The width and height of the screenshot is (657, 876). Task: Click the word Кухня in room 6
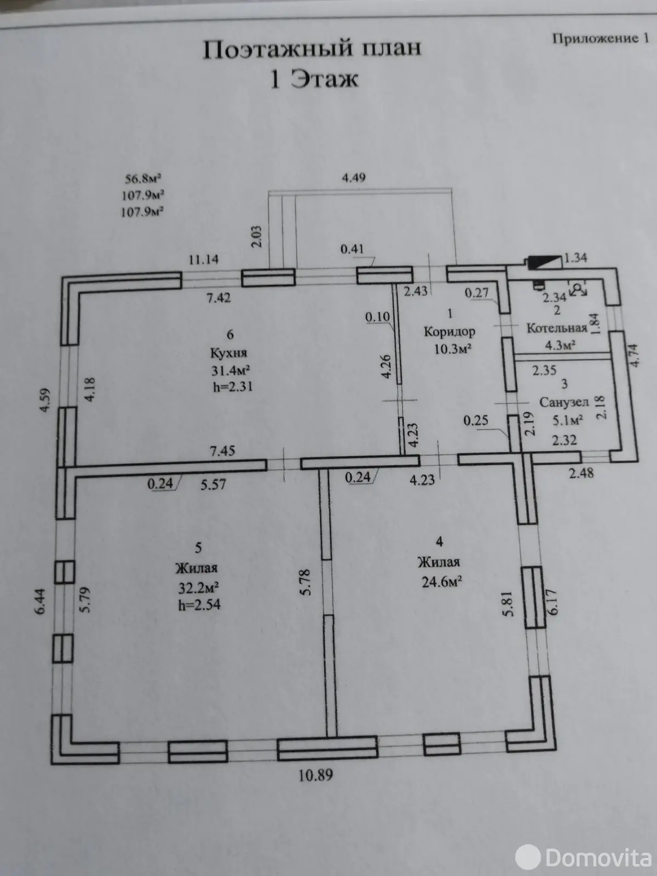coord(228,353)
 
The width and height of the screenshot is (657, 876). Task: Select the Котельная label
coord(557,328)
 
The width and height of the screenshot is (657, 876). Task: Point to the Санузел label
coord(564,402)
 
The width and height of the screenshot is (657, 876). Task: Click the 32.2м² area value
coord(198,587)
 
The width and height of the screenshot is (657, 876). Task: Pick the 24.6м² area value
coord(442,581)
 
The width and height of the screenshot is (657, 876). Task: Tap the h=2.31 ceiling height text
coord(233,387)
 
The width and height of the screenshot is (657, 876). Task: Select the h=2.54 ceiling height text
coord(199,604)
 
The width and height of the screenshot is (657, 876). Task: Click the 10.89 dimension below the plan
coord(315,775)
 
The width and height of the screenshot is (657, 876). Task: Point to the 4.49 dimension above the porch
coord(354,177)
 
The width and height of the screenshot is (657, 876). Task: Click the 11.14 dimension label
coord(204,260)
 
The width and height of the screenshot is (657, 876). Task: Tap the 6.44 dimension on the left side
coord(42,601)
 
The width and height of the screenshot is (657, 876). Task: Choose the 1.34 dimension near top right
coord(576,258)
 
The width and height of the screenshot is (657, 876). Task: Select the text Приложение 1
coord(601,38)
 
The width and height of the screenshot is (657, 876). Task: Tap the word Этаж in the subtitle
coord(324,79)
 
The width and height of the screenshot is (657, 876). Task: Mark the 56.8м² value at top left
coord(143,178)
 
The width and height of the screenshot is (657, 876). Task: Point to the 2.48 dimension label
coord(581,473)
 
